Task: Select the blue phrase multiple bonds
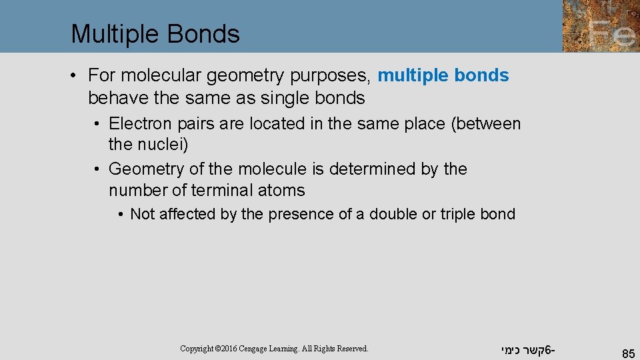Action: click(443, 76)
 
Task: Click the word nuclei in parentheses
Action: click(162, 144)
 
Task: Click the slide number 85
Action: click(627, 354)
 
